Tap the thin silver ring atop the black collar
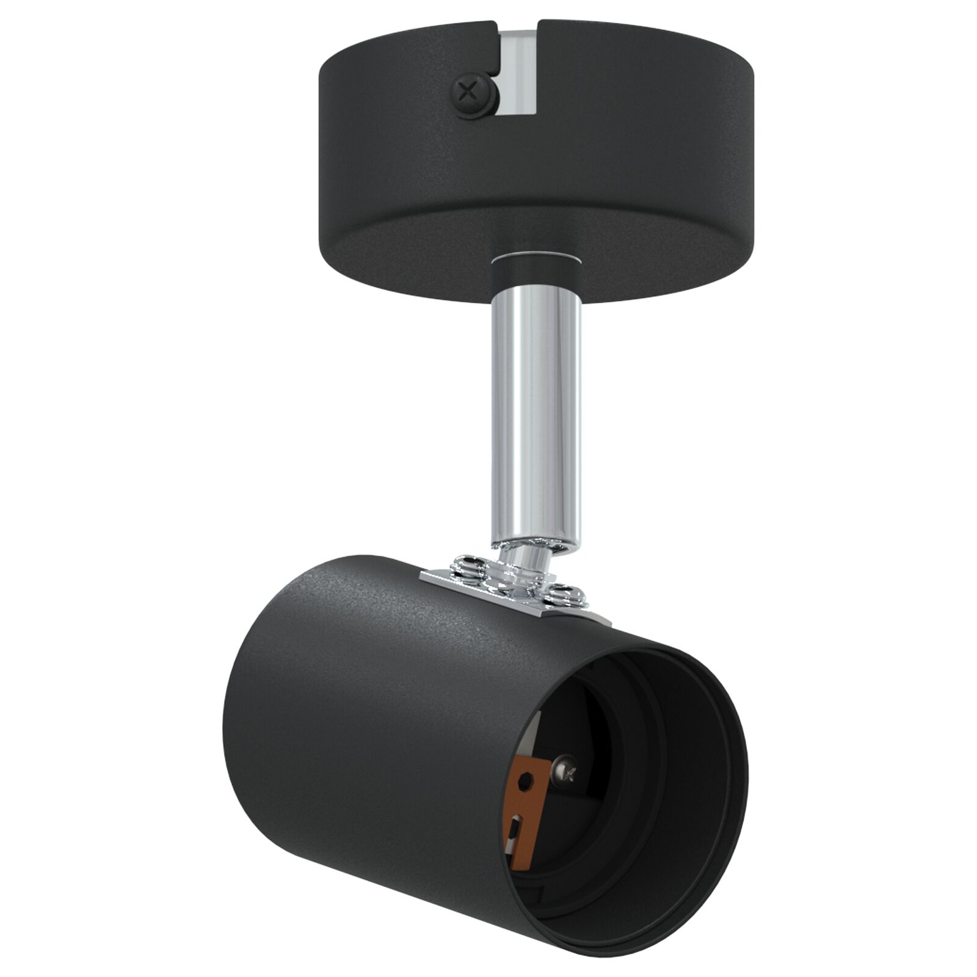[536, 256]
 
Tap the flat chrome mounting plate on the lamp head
[519, 589]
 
